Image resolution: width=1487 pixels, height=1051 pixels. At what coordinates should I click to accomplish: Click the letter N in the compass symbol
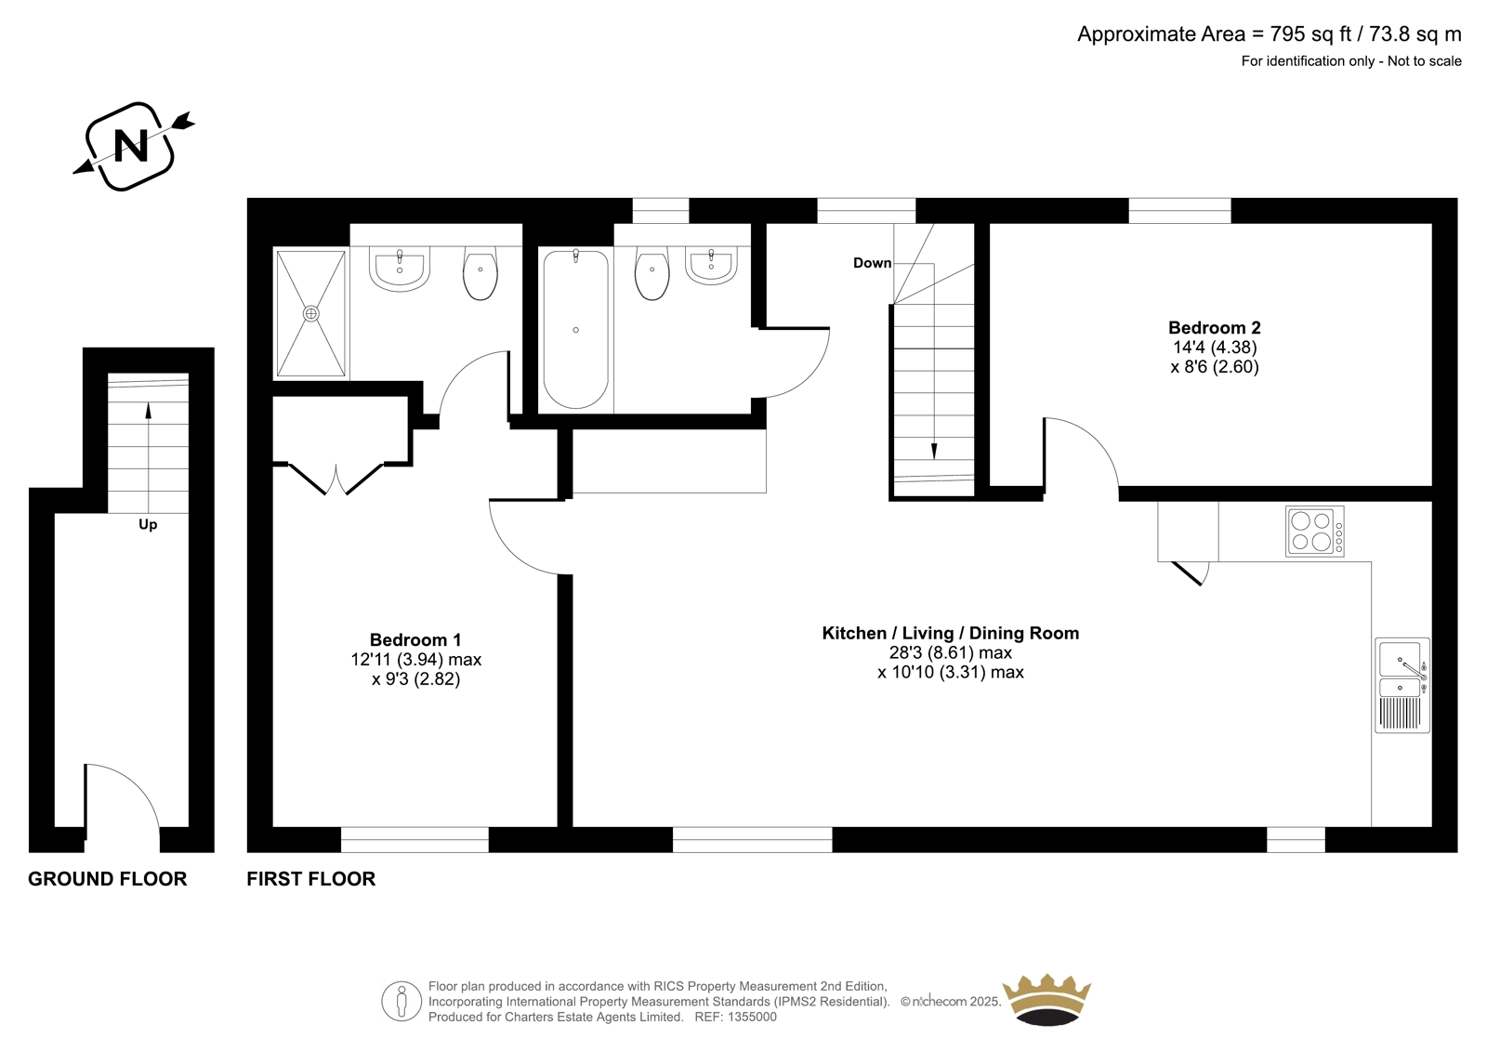click(x=131, y=145)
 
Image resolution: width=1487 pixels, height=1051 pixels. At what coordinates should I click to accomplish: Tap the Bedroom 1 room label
click(x=415, y=640)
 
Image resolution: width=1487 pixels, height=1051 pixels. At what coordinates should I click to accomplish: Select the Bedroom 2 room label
click(x=1214, y=327)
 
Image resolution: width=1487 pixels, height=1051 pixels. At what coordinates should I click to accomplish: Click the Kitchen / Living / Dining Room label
click(x=951, y=634)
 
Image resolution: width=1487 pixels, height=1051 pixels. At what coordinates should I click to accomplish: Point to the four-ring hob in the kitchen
click(x=1314, y=532)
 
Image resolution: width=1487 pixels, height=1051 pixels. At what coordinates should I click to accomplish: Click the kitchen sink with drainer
click(x=1402, y=685)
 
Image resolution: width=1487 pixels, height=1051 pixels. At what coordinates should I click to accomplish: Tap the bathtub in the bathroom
click(x=575, y=329)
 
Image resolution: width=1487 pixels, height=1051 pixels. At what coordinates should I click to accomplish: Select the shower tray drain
click(x=310, y=313)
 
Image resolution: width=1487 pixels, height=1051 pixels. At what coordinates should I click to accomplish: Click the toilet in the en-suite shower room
click(x=480, y=273)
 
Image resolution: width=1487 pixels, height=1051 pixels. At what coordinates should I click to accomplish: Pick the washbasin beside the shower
click(x=400, y=269)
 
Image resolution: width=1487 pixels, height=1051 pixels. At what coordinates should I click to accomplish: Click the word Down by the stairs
click(x=872, y=263)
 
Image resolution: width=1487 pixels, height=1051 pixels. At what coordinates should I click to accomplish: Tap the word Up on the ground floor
click(x=148, y=525)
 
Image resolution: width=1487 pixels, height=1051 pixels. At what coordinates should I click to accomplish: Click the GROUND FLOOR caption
click(x=108, y=879)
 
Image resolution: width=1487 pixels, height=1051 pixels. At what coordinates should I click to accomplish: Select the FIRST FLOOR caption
click(x=310, y=879)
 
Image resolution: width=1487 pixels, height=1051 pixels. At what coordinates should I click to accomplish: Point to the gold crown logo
click(x=1046, y=999)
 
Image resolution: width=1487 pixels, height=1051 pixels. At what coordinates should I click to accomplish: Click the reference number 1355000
click(x=752, y=1018)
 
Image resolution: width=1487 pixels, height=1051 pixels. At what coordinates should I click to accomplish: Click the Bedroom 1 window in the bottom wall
click(x=415, y=839)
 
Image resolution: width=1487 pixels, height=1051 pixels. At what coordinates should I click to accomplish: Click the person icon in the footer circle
click(x=401, y=1001)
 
